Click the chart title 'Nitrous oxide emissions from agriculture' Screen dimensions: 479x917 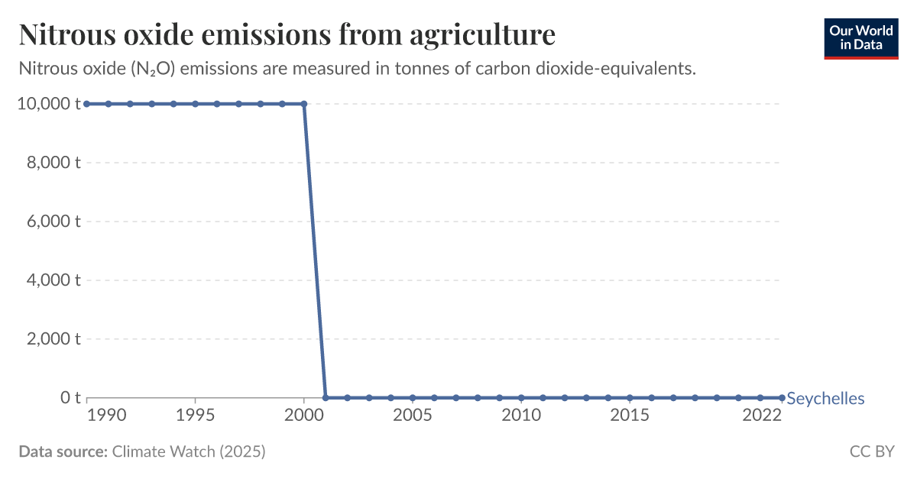point(287,35)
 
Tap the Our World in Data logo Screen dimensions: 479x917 point(861,37)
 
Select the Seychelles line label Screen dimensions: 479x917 point(825,398)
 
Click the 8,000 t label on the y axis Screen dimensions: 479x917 point(52,163)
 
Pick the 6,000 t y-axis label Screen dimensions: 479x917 point(52,222)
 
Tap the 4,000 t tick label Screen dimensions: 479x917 point(52,280)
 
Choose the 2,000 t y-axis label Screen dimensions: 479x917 point(52,338)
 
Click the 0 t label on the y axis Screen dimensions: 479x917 point(70,397)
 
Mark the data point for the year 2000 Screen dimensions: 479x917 point(304,104)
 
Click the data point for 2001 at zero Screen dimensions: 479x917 point(326,397)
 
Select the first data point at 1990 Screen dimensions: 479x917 point(87,104)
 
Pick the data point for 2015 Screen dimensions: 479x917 point(630,397)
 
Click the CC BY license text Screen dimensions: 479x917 point(872,451)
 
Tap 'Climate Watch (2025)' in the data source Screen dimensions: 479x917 point(189,451)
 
